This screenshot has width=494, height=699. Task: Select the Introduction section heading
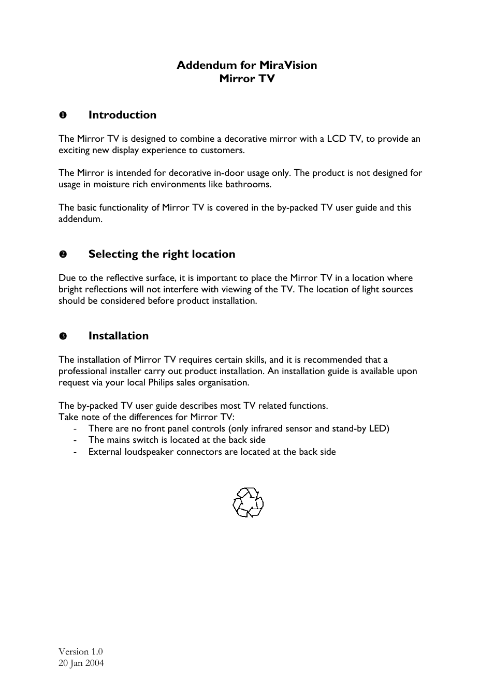tap(122, 115)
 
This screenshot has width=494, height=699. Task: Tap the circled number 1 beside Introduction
tap(62, 115)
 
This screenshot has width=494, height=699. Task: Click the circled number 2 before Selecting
tap(62, 255)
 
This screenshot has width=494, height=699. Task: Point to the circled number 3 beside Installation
tap(62, 336)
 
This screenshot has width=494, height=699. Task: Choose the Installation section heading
tap(118, 336)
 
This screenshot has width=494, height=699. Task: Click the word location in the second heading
tap(213, 254)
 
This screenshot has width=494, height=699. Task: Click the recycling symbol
tap(248, 502)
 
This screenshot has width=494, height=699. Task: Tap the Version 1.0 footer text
tap(80, 651)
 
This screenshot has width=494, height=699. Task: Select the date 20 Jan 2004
tap(81, 663)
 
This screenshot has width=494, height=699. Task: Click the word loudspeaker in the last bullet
tap(149, 452)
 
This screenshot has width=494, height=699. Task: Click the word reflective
tap(128, 278)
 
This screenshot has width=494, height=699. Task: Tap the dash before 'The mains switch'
tap(76, 440)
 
